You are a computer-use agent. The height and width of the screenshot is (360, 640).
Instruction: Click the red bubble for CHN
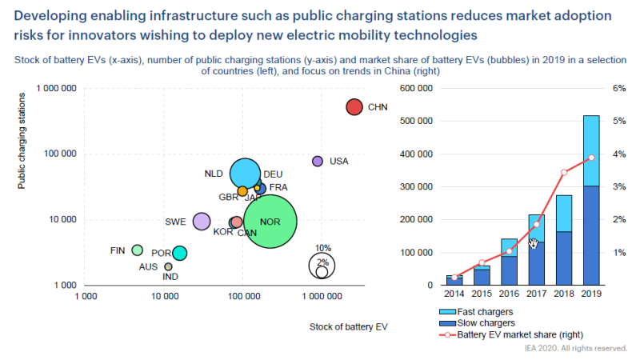[x=355, y=107]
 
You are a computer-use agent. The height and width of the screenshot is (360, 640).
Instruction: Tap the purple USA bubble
[x=318, y=162]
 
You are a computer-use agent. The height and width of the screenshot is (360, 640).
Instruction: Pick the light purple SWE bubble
[x=202, y=222]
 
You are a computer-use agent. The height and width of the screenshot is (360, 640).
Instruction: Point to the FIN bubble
[x=138, y=250]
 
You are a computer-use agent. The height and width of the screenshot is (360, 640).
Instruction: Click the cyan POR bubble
[x=180, y=253]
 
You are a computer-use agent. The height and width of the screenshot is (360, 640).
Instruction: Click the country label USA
[x=339, y=162]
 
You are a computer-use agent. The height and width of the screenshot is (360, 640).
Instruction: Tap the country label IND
[x=170, y=277]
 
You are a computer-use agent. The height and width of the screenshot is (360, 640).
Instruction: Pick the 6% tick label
[x=618, y=88]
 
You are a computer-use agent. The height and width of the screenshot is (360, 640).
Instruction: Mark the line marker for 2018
[x=564, y=172]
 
